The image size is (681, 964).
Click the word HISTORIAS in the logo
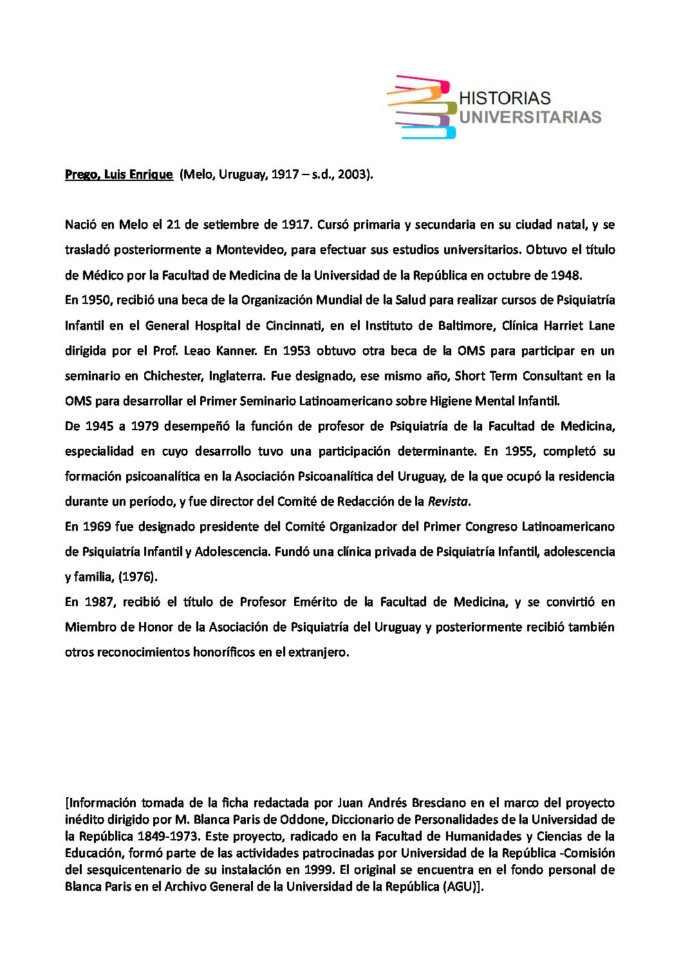[505, 99]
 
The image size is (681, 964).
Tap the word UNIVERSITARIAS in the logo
[530, 117]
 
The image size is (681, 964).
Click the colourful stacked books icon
[422, 107]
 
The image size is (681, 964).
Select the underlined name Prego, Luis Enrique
[119, 175]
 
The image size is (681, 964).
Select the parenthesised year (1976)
[138, 577]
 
